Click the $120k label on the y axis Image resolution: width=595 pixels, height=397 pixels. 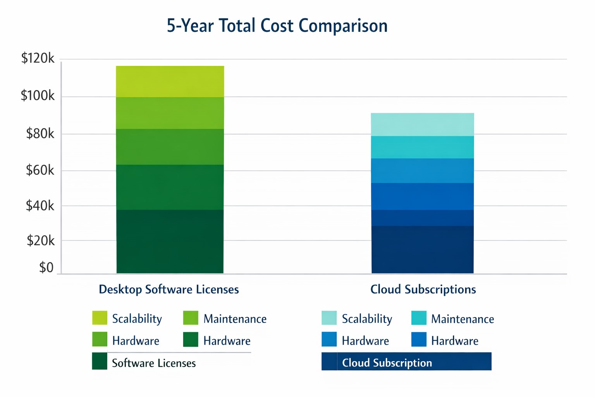tap(38, 59)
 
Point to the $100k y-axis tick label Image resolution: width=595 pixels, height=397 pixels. tap(38, 95)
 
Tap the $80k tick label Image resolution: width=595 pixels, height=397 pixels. tap(40, 134)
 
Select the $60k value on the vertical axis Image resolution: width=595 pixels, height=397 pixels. tap(40, 170)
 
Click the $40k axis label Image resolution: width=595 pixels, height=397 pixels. tap(40, 206)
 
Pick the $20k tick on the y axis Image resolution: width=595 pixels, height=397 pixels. tap(40, 241)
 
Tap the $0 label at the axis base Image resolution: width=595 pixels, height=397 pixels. tap(46, 268)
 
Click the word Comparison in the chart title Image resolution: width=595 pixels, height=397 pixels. tap(343, 26)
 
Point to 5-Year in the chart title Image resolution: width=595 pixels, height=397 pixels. tap(190, 26)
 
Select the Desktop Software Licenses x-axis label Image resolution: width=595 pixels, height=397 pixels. tap(169, 290)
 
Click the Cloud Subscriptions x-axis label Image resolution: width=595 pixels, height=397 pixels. tap(423, 290)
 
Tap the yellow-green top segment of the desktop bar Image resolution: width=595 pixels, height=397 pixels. tap(170, 81)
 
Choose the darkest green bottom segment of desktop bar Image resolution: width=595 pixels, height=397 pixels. tap(170, 242)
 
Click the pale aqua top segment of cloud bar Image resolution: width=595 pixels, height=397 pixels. tap(422, 124)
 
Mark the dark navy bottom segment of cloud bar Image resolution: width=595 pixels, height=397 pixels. tap(422, 250)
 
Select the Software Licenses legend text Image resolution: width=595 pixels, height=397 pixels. tap(154, 363)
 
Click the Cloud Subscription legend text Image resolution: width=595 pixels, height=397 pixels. tap(387, 363)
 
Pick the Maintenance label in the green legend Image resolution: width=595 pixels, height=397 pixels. tap(235, 319)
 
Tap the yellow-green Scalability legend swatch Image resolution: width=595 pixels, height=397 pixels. tap(100, 318)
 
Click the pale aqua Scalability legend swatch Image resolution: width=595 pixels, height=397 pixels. tap(329, 318)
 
